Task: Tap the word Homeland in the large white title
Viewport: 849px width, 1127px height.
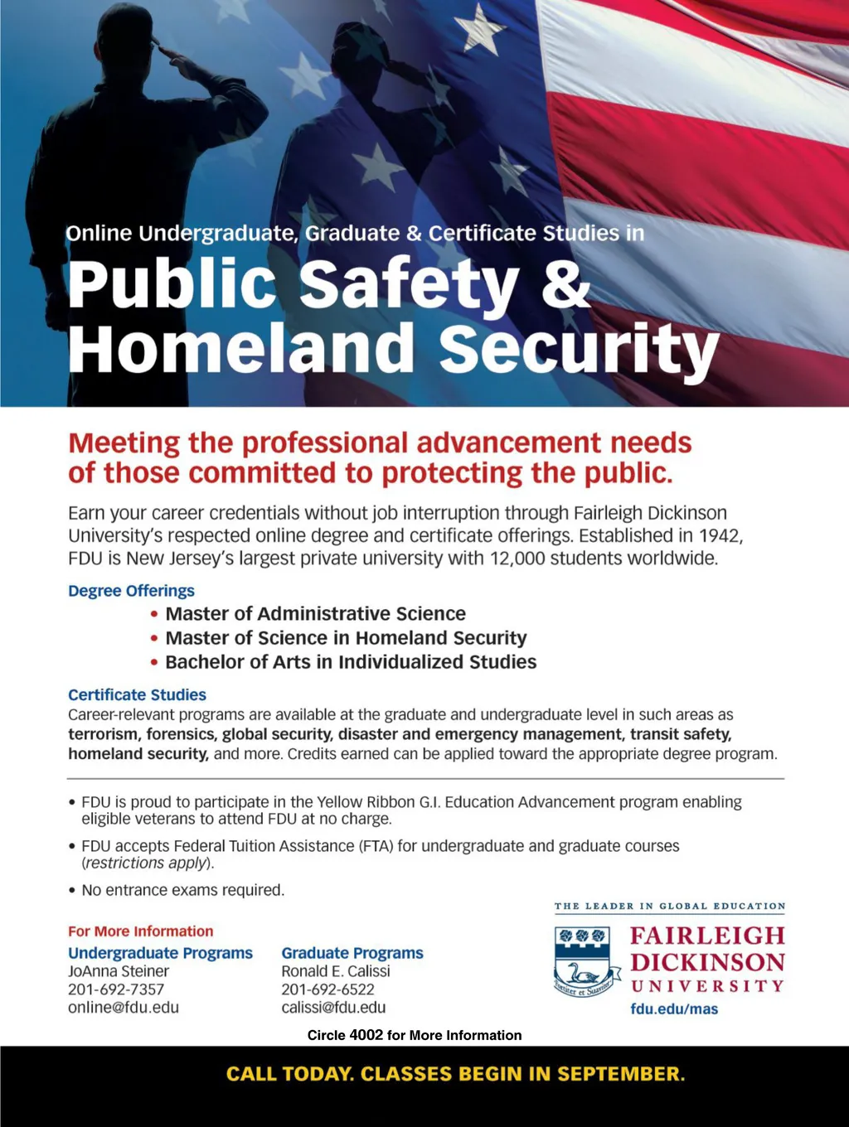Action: click(241, 348)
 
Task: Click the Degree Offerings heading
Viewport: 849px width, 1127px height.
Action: click(131, 591)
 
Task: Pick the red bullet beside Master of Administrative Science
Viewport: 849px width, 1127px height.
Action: click(154, 614)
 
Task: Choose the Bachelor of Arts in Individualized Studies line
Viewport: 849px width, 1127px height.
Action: click(351, 662)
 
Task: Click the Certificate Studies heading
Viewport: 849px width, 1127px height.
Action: click(137, 694)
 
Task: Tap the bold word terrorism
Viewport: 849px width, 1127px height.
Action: click(104, 734)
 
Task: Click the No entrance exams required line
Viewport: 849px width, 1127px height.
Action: click(182, 890)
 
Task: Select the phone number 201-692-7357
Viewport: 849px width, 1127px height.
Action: click(116, 989)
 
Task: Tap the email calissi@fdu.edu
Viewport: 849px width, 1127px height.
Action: click(333, 1008)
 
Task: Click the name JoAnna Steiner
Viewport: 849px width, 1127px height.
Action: click(119, 971)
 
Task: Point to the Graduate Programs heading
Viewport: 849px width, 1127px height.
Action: click(352, 953)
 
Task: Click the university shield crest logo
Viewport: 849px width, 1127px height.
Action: click(584, 961)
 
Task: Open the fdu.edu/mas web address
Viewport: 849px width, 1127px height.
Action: click(674, 1009)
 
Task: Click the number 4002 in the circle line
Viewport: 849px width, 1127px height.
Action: click(366, 1035)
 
